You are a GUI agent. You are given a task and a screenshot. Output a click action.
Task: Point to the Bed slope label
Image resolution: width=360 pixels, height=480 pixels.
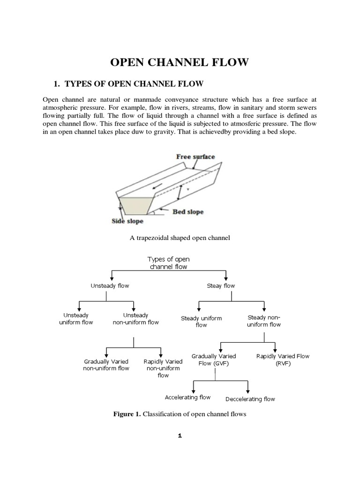(x=188, y=212)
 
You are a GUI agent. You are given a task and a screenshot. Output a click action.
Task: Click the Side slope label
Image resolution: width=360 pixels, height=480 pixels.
(x=127, y=221)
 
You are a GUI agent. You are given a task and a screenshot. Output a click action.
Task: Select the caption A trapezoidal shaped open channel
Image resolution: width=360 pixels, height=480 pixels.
(x=180, y=238)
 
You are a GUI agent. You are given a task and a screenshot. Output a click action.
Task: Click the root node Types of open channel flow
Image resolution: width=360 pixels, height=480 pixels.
(x=168, y=263)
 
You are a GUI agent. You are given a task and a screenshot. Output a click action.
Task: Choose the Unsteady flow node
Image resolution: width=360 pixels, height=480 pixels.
(x=110, y=285)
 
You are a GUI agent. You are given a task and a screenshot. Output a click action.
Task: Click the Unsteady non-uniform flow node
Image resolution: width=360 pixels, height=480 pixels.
(x=135, y=319)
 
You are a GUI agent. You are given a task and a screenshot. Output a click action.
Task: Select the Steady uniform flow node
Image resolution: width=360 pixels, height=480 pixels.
(x=201, y=322)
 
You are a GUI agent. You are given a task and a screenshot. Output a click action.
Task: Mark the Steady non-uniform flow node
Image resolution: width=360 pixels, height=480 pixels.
(x=264, y=321)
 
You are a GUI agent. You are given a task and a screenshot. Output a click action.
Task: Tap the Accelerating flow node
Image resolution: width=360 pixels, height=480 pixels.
(x=187, y=397)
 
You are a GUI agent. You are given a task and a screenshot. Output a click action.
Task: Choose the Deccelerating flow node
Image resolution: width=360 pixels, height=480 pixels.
(x=250, y=399)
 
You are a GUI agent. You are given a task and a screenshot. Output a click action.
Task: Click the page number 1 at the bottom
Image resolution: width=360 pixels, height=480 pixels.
(x=180, y=435)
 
